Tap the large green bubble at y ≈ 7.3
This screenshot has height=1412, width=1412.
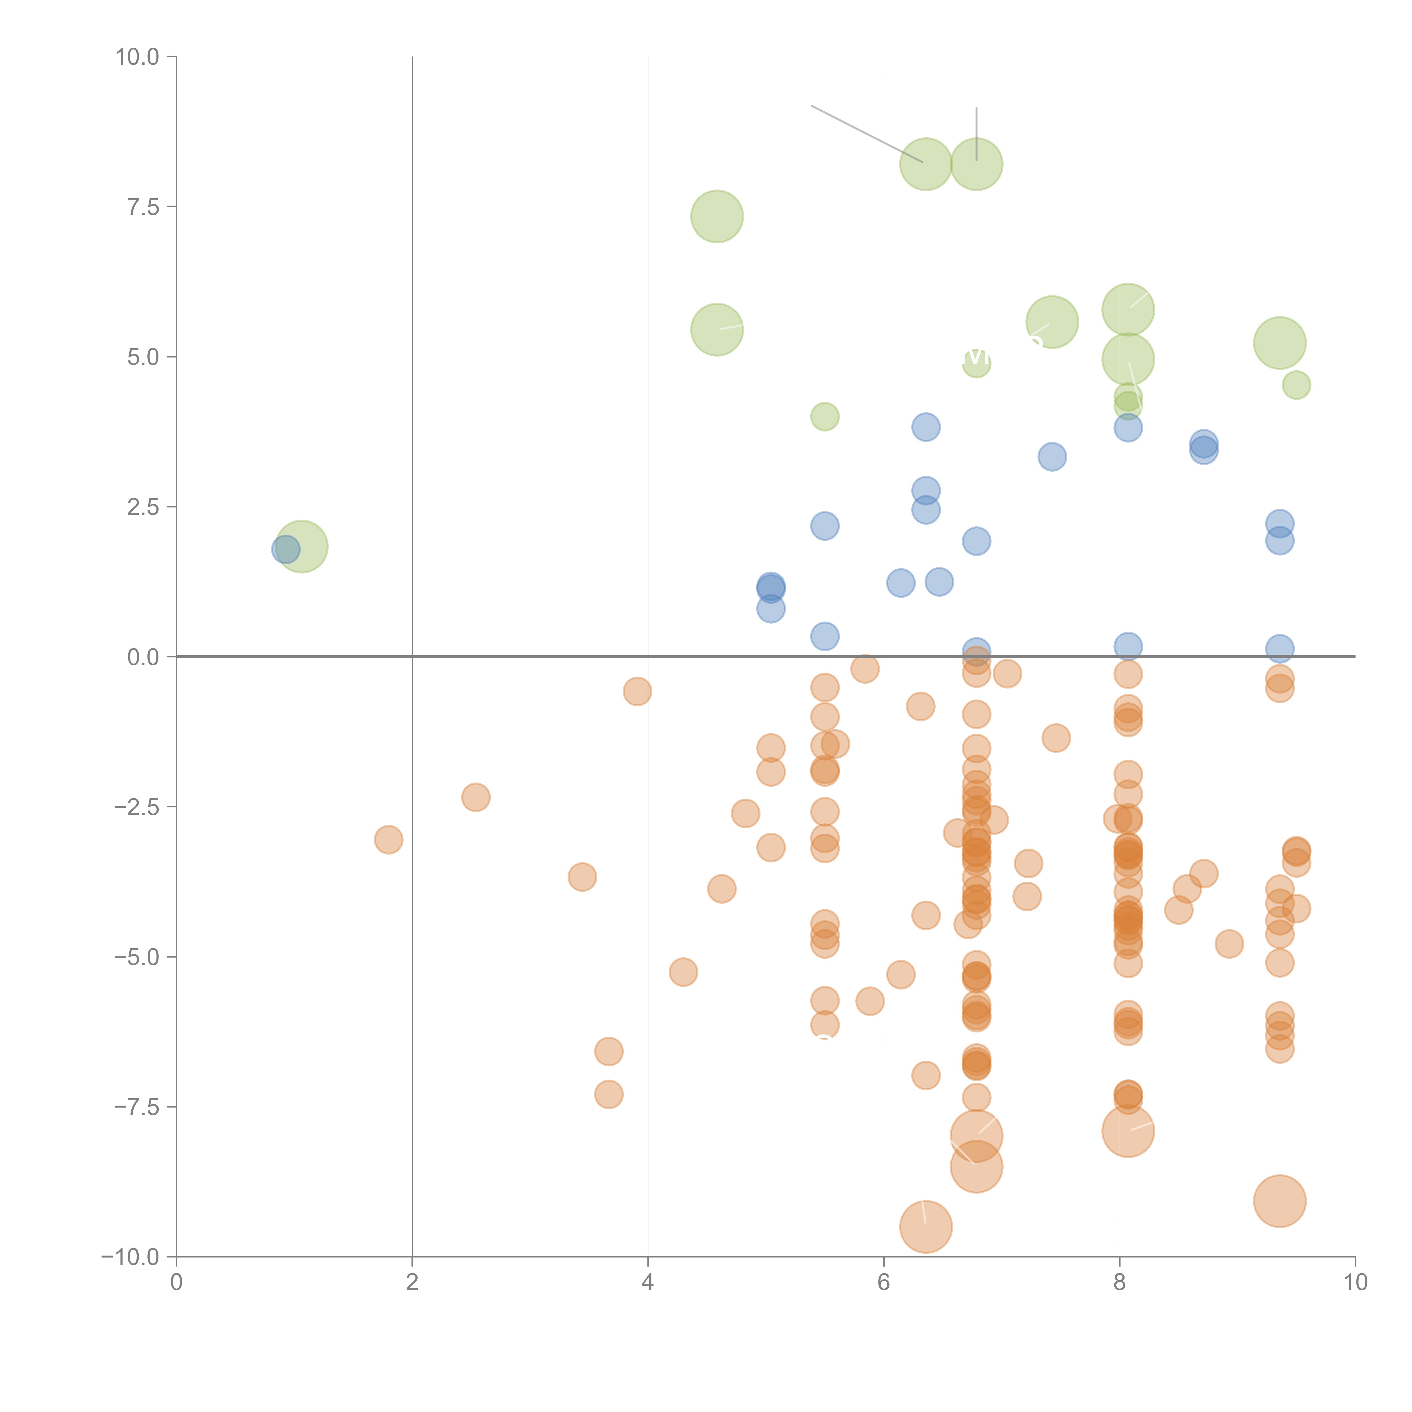[717, 216]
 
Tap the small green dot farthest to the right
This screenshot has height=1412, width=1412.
[1296, 385]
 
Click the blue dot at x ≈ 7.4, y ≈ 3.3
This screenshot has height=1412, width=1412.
[1052, 457]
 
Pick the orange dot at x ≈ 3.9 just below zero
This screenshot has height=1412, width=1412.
[637, 691]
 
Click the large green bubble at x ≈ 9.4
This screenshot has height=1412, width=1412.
[1279, 343]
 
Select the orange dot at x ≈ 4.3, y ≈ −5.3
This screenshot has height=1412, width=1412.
[683, 972]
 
